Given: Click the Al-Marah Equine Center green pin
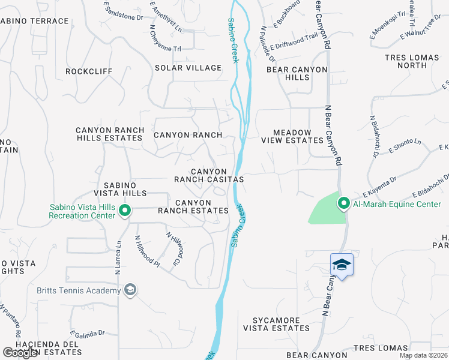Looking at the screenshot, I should coord(344,204).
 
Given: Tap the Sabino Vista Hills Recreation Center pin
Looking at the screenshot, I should coord(125,211).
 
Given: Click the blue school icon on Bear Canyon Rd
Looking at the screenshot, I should coord(342,265).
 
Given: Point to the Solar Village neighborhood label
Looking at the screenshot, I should coord(188,68).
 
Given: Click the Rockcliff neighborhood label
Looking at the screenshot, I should coord(89,71).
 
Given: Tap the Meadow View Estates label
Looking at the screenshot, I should coord(292,136).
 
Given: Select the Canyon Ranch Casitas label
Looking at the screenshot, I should coord(209,175).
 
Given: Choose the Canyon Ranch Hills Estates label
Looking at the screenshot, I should coord(110,134).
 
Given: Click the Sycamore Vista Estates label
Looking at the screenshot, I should coord(276,324).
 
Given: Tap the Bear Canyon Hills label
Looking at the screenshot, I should coord(297,74).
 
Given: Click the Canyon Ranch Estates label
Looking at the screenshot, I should coord(193,206).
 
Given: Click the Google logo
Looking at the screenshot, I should coord(20,353).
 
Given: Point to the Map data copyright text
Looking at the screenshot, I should coord(423,355).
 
